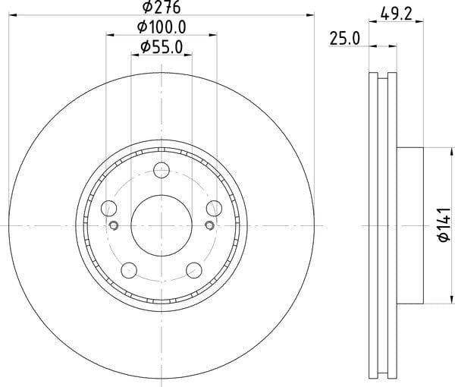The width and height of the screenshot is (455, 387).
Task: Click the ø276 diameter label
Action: (162, 8)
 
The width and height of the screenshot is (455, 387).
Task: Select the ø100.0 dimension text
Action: (162, 27)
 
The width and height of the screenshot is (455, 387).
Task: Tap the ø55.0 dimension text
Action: (162, 47)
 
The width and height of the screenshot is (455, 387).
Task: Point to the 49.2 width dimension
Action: (396, 14)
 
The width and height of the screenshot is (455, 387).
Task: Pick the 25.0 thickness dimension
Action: (345, 39)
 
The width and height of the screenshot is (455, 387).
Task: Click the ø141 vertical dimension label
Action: (444, 225)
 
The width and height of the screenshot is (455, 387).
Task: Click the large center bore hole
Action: (162, 225)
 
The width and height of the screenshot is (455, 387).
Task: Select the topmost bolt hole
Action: (162, 170)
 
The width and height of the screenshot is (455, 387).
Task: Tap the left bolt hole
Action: (108, 209)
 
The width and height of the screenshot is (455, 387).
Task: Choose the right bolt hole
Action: (214, 209)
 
